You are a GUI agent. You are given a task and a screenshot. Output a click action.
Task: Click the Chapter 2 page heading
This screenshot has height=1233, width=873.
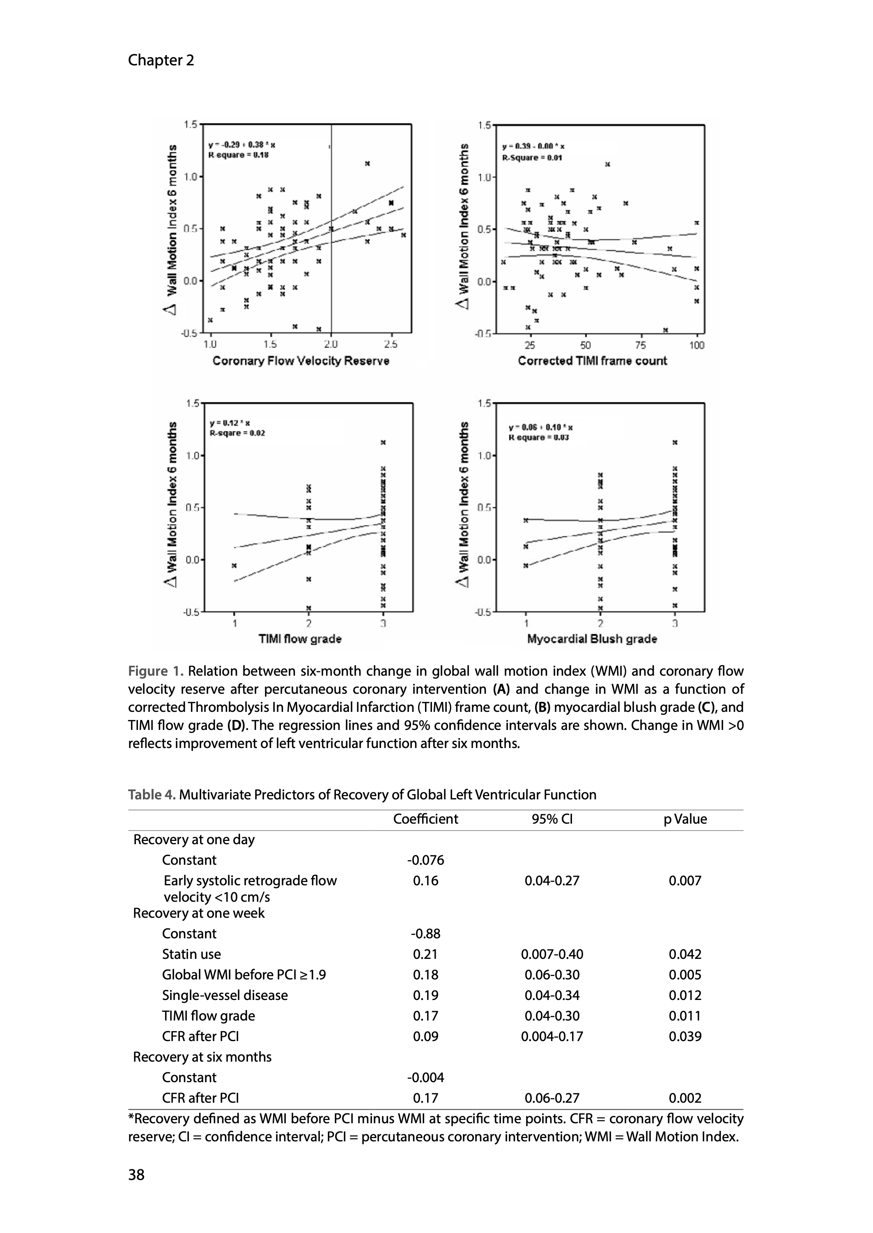tap(161, 60)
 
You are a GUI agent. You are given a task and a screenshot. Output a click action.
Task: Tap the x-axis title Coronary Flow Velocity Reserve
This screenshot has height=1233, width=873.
tap(301, 361)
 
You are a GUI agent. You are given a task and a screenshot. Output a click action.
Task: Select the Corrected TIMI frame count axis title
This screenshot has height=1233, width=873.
tap(592, 361)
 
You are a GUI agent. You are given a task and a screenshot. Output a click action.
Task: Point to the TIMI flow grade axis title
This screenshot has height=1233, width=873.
tap(300, 639)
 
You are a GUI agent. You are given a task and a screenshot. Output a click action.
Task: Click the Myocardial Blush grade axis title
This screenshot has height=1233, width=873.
tap(592, 639)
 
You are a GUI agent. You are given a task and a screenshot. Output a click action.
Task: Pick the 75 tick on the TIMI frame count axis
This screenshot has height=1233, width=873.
tap(641, 345)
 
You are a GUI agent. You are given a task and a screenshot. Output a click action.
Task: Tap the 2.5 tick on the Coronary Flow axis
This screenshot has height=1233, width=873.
tap(391, 345)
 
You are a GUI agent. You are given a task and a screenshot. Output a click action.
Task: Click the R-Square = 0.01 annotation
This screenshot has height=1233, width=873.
tap(532, 158)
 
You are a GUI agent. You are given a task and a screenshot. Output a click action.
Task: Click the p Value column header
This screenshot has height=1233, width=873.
tap(685, 819)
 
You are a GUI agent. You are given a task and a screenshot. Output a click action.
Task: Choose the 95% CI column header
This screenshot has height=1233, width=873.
tap(551, 819)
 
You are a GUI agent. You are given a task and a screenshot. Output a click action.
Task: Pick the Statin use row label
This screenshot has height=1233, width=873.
tap(191, 954)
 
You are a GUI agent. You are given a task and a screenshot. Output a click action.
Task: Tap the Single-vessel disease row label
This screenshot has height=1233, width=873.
tap(225, 995)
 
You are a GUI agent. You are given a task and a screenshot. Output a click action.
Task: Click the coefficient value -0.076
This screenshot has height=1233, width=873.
tap(425, 860)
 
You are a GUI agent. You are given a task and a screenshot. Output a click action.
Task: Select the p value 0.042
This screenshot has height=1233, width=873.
tap(685, 954)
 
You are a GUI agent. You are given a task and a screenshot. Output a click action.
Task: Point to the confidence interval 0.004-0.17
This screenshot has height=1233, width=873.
tap(551, 1036)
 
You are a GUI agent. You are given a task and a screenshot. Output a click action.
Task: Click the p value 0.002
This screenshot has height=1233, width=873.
tap(685, 1098)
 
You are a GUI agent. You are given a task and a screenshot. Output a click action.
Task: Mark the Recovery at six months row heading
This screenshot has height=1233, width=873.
tap(202, 1057)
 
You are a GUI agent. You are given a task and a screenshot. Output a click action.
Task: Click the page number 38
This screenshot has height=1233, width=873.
tap(137, 1175)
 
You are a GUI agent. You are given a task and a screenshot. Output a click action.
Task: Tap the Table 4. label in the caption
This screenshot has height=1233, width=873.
tap(152, 795)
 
